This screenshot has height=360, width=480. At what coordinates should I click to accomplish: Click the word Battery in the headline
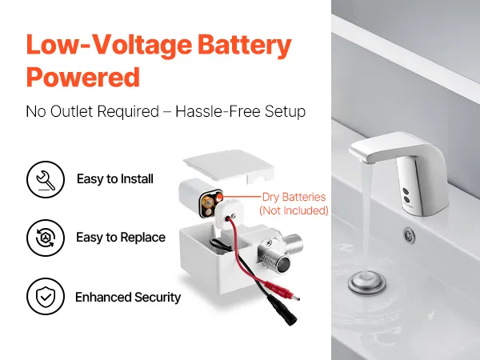click(x=244, y=46)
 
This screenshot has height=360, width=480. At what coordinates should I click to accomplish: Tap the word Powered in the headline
click(x=83, y=77)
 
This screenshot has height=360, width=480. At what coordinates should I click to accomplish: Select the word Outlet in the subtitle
click(x=74, y=111)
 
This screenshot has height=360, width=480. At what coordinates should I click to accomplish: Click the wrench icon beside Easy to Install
click(x=46, y=179)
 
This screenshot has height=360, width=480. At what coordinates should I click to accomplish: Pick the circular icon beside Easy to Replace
click(x=46, y=238)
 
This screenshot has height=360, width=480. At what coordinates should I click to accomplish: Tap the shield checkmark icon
click(x=46, y=296)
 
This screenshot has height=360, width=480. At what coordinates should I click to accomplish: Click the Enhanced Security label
click(x=128, y=297)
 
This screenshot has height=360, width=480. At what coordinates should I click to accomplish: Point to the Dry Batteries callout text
click(x=294, y=197)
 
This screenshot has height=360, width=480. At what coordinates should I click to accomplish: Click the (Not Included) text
click(x=294, y=210)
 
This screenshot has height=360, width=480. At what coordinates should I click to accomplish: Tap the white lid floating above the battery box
click(x=229, y=166)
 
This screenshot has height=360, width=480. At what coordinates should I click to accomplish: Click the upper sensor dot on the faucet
click(x=406, y=192)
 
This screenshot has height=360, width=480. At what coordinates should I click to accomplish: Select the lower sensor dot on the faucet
click(x=406, y=200)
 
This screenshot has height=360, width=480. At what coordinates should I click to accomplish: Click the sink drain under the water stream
click(x=366, y=283)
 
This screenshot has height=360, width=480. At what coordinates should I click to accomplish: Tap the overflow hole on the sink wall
click(x=409, y=235)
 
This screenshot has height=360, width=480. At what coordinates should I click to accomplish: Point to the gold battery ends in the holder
click(x=211, y=203)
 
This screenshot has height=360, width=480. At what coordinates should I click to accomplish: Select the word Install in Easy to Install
click(x=137, y=178)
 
